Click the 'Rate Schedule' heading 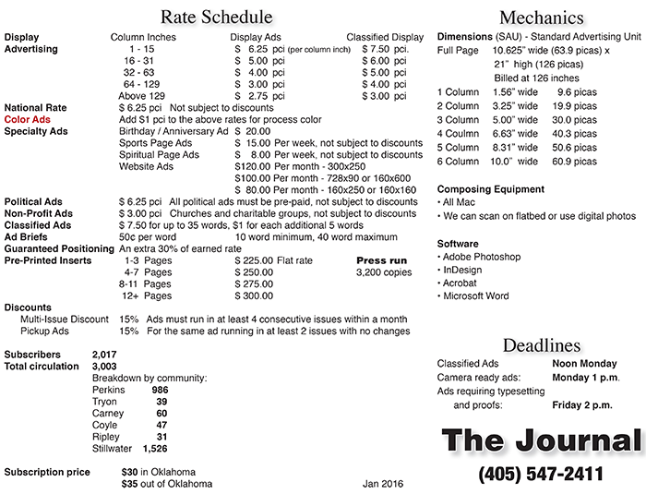(x=216, y=17)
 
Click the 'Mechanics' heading (x=541, y=18)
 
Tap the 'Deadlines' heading (x=542, y=345)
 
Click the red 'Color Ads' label (x=28, y=119)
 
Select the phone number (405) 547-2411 (x=541, y=475)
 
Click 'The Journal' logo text (x=541, y=441)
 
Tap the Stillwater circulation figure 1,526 (x=154, y=449)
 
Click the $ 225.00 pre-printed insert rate (x=254, y=260)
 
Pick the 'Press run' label (x=381, y=260)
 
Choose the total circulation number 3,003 (x=104, y=366)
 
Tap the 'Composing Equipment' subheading (x=491, y=189)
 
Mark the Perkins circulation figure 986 (x=161, y=390)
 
